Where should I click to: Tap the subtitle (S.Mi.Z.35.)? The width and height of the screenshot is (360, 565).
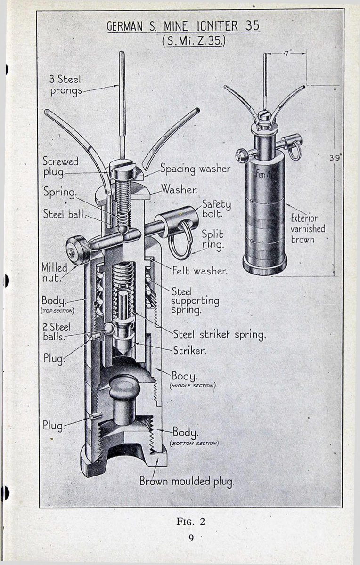(193, 40)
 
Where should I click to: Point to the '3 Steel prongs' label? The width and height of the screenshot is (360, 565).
(65, 85)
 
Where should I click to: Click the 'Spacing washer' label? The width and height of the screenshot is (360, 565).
(195, 169)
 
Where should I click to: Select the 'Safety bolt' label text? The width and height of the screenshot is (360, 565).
(216, 209)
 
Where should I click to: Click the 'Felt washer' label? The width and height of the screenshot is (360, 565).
(200, 271)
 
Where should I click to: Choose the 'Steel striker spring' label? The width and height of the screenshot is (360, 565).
(220, 334)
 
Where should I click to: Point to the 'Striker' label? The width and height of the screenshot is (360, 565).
(189, 350)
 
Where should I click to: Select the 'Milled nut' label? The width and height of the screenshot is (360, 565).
(55, 273)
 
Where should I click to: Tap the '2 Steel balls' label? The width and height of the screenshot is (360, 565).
(56, 331)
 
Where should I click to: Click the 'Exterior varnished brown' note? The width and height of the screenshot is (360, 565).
(308, 229)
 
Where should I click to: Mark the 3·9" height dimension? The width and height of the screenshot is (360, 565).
(335, 158)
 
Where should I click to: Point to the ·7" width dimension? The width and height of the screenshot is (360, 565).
(286, 54)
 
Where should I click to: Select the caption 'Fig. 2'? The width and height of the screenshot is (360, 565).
(191, 521)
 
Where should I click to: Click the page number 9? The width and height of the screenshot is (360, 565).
(191, 538)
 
